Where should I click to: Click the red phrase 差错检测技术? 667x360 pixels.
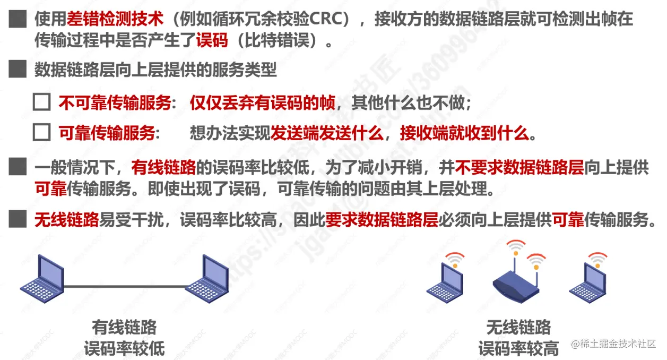point(115,21)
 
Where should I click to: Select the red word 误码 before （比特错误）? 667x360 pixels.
point(212,40)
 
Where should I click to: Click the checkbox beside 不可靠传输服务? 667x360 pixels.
point(41,102)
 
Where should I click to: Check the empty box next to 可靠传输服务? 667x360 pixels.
point(41,132)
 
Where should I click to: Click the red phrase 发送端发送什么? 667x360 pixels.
point(326,133)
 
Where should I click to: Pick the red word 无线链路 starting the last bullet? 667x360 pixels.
point(67,219)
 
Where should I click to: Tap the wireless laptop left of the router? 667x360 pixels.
point(446,281)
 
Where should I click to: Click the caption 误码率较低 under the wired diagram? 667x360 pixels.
point(125,348)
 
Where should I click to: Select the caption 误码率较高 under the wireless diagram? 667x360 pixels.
point(518,348)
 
